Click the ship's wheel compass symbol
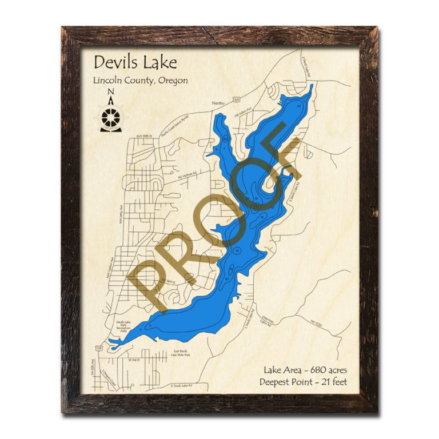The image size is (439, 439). tap(110, 118)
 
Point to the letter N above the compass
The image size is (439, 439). tap(110, 93)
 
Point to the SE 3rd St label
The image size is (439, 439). tap(134, 360)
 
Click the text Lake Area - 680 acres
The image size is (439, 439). tap(310, 369)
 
